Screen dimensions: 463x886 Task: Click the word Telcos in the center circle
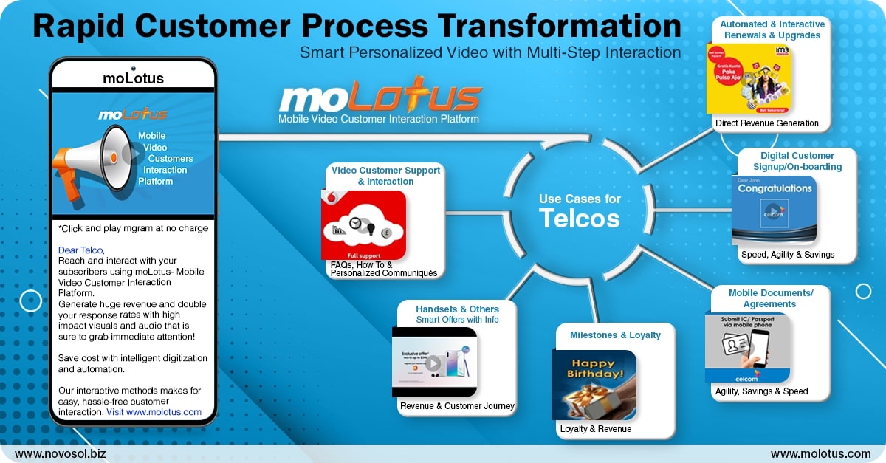point(579,218)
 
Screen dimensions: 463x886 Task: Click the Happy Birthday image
point(594,384)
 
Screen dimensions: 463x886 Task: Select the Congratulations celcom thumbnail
point(774,210)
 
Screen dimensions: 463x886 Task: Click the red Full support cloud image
point(363,224)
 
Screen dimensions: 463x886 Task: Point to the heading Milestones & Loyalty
point(615,335)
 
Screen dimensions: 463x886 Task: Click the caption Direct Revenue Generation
point(766,123)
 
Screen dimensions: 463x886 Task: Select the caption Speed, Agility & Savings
point(788,255)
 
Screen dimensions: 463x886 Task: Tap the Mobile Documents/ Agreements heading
point(771,298)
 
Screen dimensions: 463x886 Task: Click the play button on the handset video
point(433,363)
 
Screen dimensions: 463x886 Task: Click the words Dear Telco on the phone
point(81,250)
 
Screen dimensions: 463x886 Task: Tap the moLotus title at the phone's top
point(134,78)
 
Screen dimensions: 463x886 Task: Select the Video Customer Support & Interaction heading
point(385,176)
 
